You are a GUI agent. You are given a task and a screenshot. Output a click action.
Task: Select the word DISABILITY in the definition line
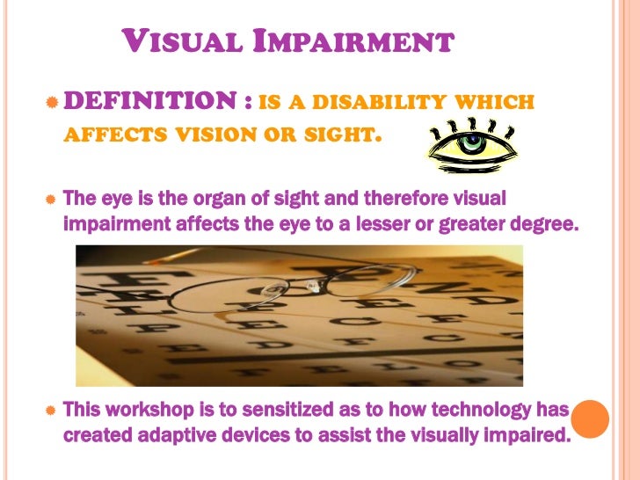point(381,105)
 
